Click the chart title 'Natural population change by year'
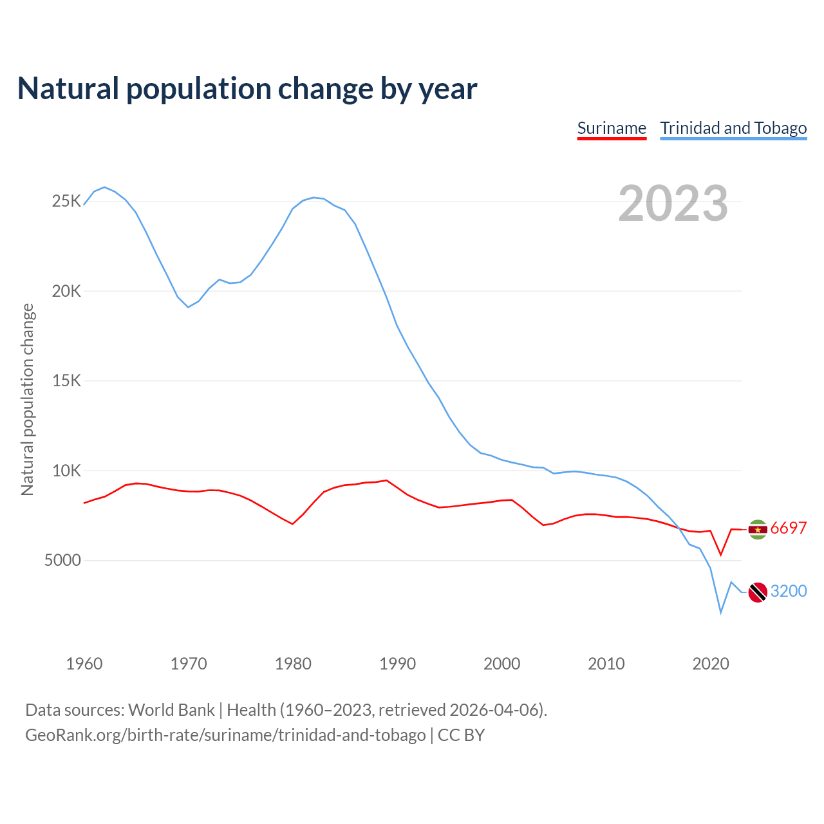247,89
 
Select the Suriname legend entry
612,128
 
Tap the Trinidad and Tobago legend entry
733,128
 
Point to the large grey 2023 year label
673,203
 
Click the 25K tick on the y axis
66,201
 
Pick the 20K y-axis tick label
66,291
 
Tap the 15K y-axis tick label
66,380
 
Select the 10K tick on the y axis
66,471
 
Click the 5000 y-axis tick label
62,560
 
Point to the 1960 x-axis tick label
84,664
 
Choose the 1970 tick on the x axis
189,664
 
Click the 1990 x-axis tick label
397,664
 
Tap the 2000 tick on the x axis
501,664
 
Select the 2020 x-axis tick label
710,664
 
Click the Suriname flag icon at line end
758,529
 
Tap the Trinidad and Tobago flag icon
758,592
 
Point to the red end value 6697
788,529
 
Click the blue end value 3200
788,591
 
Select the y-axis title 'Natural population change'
27,399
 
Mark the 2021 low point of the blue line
721,613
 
